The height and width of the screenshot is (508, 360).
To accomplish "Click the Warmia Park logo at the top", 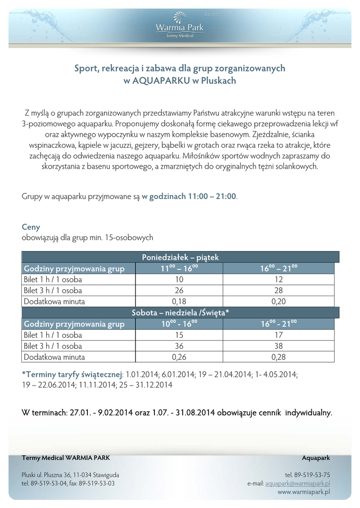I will tap(180, 25).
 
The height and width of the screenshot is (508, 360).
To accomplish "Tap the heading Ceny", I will tap(31, 227).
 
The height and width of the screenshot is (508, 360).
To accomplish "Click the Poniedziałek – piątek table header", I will tap(180, 257).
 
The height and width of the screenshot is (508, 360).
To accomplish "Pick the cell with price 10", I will tap(179, 279).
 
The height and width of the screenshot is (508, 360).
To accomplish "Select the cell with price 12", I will tap(278, 279).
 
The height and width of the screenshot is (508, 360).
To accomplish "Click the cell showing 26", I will tap(179, 290).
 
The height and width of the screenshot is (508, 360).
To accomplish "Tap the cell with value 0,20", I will tap(278, 301).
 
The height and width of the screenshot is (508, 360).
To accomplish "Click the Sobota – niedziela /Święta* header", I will tap(180, 313).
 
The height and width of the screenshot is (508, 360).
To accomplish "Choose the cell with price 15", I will tap(179, 335).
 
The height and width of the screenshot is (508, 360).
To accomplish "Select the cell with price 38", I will tap(278, 346).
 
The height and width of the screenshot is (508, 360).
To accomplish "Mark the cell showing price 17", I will tap(278, 335).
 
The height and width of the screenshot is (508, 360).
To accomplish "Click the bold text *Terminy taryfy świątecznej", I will tap(72, 374).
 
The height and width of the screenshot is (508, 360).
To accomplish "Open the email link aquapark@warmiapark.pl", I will tap(297, 483).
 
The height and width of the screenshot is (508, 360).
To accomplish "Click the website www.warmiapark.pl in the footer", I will tap(303, 492).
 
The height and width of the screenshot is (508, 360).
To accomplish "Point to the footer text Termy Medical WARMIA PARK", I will tap(66, 457).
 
